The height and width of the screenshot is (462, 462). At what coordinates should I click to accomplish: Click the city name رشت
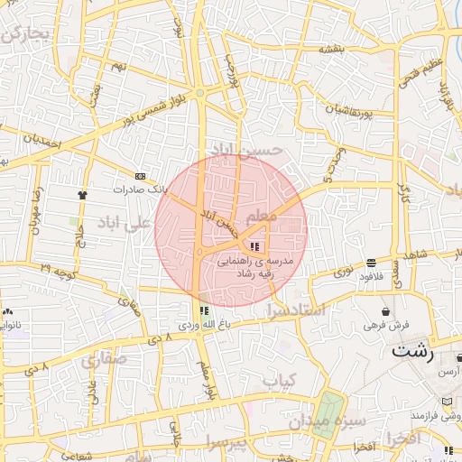[412, 351]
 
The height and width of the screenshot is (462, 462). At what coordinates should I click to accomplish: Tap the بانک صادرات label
[141, 190]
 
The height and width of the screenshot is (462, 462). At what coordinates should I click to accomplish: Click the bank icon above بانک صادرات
[140, 176]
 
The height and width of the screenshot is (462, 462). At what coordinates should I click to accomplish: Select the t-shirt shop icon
[84, 193]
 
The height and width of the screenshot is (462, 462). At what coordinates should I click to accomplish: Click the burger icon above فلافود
[371, 263]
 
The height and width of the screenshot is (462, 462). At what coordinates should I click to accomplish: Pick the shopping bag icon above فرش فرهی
[386, 310]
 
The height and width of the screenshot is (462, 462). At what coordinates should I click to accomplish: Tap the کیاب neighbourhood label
[280, 383]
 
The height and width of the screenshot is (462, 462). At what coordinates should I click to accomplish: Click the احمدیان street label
[42, 143]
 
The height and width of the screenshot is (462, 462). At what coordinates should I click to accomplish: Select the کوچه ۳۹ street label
[57, 269]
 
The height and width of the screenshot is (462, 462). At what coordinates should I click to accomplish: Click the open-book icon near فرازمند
[448, 402]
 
